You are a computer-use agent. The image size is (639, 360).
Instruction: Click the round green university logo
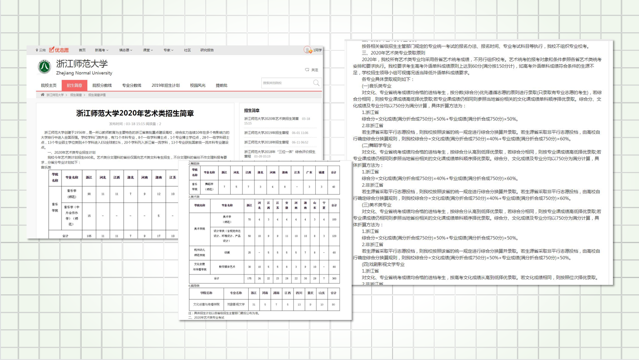[44, 67]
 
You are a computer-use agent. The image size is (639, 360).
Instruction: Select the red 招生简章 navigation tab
[74, 85]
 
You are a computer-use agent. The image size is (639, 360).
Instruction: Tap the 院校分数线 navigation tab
[102, 85]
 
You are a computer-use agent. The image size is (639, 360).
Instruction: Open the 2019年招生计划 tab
[165, 85]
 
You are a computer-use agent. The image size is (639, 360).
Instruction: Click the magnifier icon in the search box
[316, 83]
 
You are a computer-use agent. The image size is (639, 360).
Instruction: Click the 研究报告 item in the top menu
[207, 50]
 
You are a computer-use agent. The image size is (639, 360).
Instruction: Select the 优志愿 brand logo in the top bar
[59, 50]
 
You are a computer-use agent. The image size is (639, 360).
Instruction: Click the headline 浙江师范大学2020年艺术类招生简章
[135, 113]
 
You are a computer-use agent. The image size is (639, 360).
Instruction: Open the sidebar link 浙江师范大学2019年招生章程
[266, 133]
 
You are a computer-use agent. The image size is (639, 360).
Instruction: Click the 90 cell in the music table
[89, 193]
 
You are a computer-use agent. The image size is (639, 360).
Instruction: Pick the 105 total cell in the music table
[89, 235]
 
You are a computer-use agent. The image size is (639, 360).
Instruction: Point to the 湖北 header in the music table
[130, 177]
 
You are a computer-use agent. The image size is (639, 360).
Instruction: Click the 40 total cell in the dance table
[333, 187]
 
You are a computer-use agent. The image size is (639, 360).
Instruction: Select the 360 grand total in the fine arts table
[334, 279]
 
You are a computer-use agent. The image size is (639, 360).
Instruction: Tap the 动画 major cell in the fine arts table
[227, 252]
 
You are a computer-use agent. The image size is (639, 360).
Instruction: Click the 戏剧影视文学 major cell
[236, 305]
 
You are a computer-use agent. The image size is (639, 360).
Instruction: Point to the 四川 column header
[299, 293]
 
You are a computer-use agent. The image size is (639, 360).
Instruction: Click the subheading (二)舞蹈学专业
[376, 145]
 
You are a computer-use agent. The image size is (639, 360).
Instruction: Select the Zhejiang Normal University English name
[84, 73]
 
